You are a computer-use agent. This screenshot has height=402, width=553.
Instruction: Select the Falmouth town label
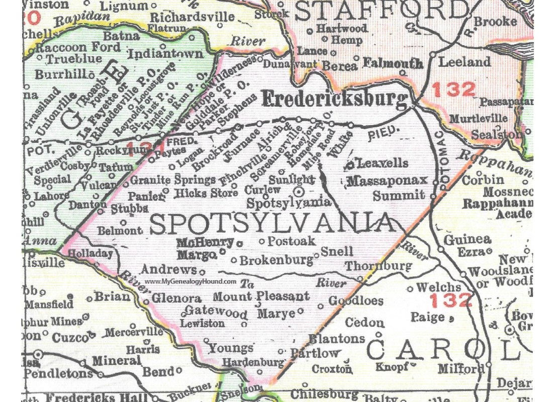(393, 63)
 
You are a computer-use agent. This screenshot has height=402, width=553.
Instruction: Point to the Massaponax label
(387, 180)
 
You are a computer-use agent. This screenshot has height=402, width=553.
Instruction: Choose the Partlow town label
(315, 353)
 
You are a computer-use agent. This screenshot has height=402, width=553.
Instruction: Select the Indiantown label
(165, 54)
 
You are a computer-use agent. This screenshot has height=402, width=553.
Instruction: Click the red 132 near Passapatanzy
(453, 90)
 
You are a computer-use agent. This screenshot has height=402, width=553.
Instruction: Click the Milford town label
(461, 368)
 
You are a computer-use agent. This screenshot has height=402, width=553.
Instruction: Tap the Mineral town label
(117, 361)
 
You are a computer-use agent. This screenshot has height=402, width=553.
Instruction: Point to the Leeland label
(465, 62)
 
